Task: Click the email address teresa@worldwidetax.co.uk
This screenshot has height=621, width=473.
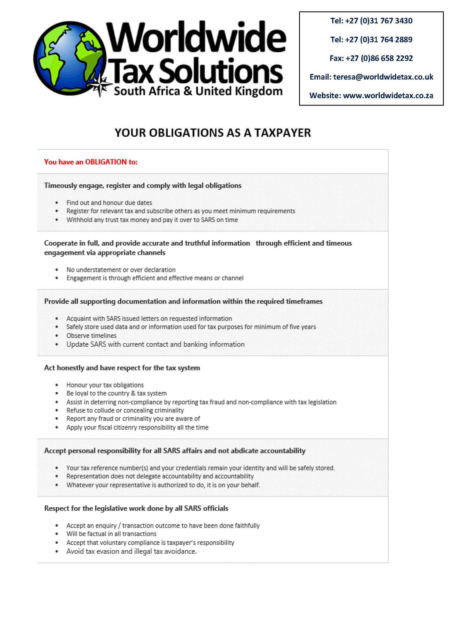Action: [383, 77]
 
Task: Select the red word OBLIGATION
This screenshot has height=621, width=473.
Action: [106, 162]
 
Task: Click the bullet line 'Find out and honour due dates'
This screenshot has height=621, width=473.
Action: [109, 202]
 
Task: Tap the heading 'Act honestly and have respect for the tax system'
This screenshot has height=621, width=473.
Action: [122, 368]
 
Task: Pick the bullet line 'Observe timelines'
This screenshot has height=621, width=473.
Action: [91, 335]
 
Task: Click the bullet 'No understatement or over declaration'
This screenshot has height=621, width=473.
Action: [121, 269]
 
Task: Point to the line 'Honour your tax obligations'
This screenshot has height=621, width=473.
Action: [105, 385]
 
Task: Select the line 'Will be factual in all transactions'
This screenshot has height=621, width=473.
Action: [111, 534]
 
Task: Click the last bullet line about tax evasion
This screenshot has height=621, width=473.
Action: [131, 551]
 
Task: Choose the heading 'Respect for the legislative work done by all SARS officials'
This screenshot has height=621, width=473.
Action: [136, 508]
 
